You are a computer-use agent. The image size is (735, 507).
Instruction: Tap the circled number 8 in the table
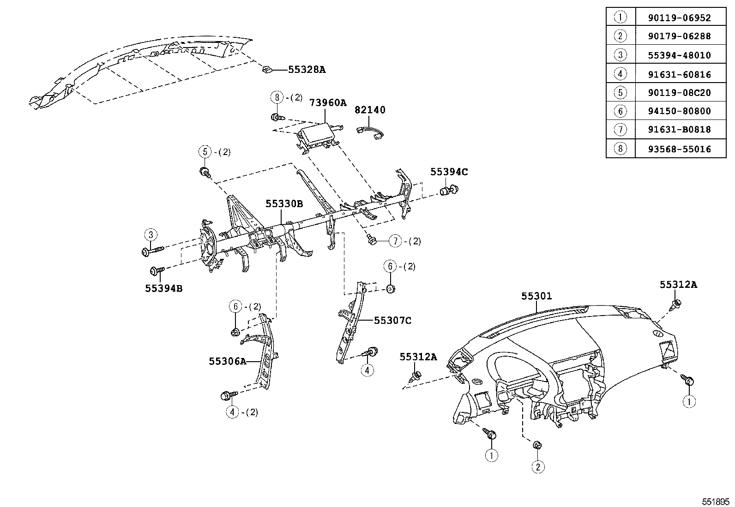[620, 149]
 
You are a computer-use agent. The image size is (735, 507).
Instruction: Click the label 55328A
[307, 70]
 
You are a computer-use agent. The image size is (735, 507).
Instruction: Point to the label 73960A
[328, 102]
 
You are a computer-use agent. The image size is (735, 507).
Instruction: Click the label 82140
[370, 110]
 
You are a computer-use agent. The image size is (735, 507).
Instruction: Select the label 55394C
[449, 172]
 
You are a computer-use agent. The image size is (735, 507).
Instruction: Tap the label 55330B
[284, 203]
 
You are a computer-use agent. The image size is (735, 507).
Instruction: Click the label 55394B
[163, 288]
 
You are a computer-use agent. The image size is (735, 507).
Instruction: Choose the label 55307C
[392, 320]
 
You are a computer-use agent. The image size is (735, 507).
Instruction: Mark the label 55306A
[227, 361]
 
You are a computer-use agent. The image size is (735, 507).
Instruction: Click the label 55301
[536, 296]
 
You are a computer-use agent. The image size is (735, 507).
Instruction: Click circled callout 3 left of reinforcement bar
[151, 235]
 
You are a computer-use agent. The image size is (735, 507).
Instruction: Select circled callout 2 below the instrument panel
[538, 467]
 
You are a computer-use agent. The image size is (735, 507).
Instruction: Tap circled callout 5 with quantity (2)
[205, 151]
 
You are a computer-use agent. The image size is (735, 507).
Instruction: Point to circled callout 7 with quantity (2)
[395, 241]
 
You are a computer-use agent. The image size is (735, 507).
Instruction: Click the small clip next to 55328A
[266, 70]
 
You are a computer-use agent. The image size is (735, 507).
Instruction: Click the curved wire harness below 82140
[372, 131]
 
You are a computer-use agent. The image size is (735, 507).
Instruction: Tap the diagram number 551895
[716, 501]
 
